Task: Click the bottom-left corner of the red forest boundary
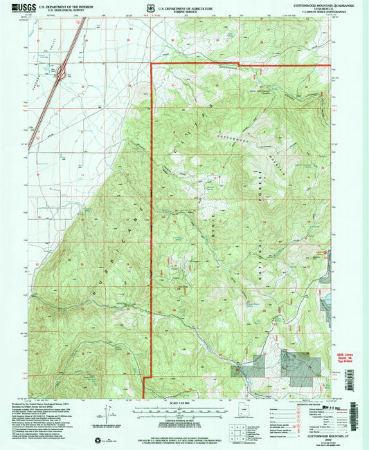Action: coord(143,397)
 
